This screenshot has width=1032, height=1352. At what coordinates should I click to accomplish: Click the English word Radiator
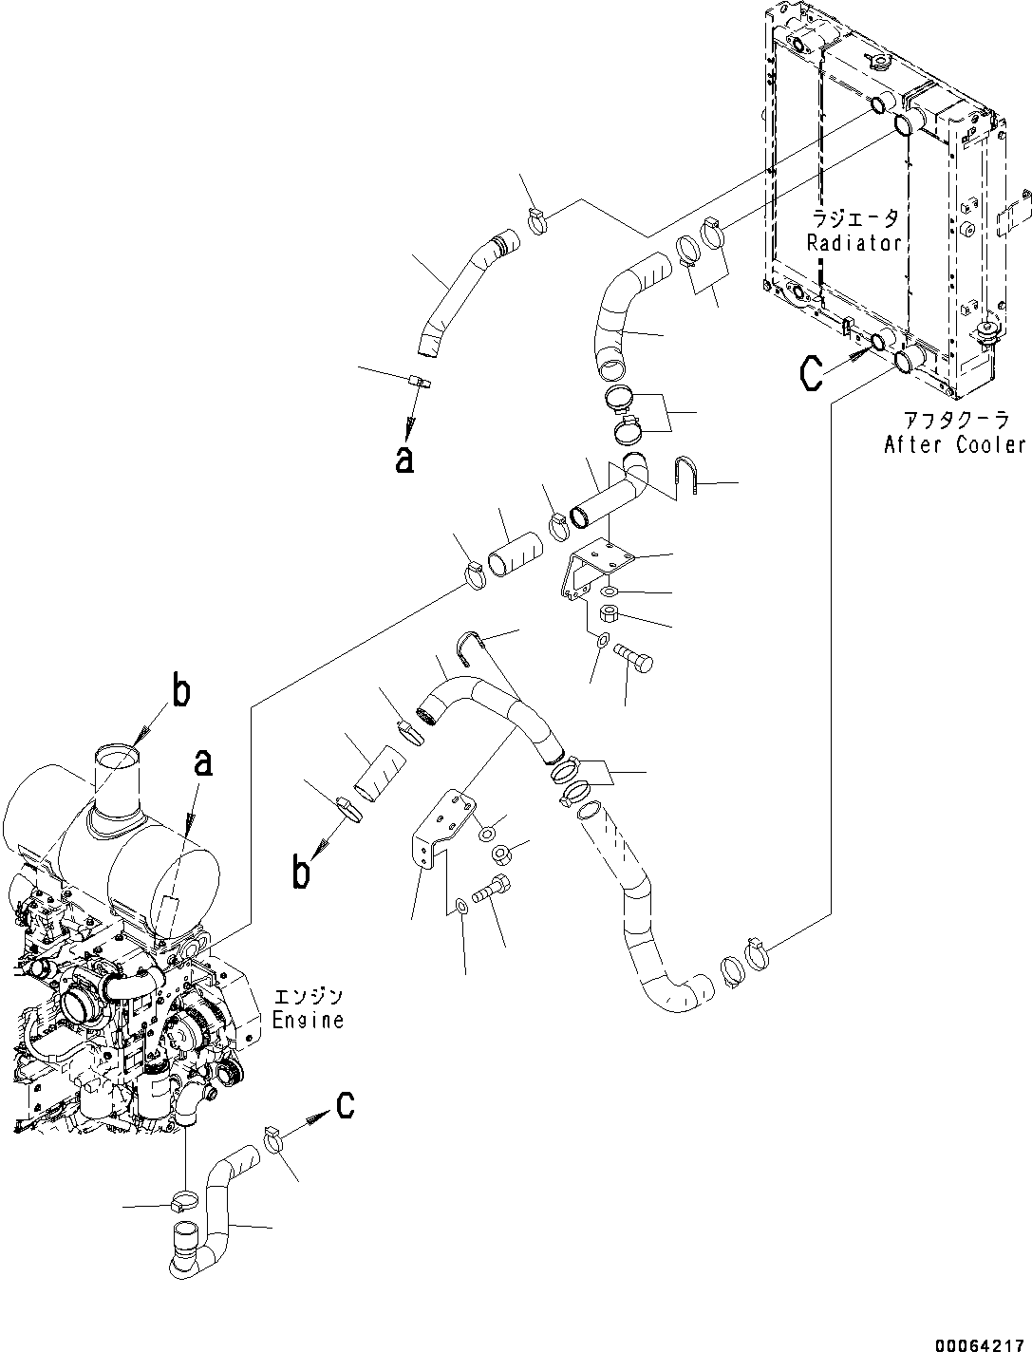(854, 243)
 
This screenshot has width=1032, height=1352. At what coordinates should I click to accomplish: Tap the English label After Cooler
(954, 444)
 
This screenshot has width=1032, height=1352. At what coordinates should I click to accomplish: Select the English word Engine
(307, 1021)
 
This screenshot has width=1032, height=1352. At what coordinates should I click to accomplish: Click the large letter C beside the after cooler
(810, 373)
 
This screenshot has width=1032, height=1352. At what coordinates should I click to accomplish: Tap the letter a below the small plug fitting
(404, 459)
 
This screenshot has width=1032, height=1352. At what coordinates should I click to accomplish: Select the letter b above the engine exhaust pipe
(179, 692)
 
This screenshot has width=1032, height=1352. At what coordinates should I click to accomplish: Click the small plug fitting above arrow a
(419, 383)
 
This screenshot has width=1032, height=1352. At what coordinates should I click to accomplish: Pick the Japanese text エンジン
(307, 997)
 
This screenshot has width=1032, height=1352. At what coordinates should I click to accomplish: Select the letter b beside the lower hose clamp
(301, 872)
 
